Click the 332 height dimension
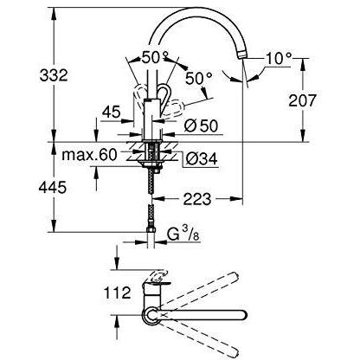[54, 75]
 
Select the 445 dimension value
[53, 188]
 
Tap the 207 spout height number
[302, 100]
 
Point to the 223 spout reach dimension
[197, 199]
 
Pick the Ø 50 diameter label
[201, 126]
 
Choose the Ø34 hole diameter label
[201, 158]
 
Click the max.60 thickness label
[89, 155]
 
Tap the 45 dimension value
[111, 112]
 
